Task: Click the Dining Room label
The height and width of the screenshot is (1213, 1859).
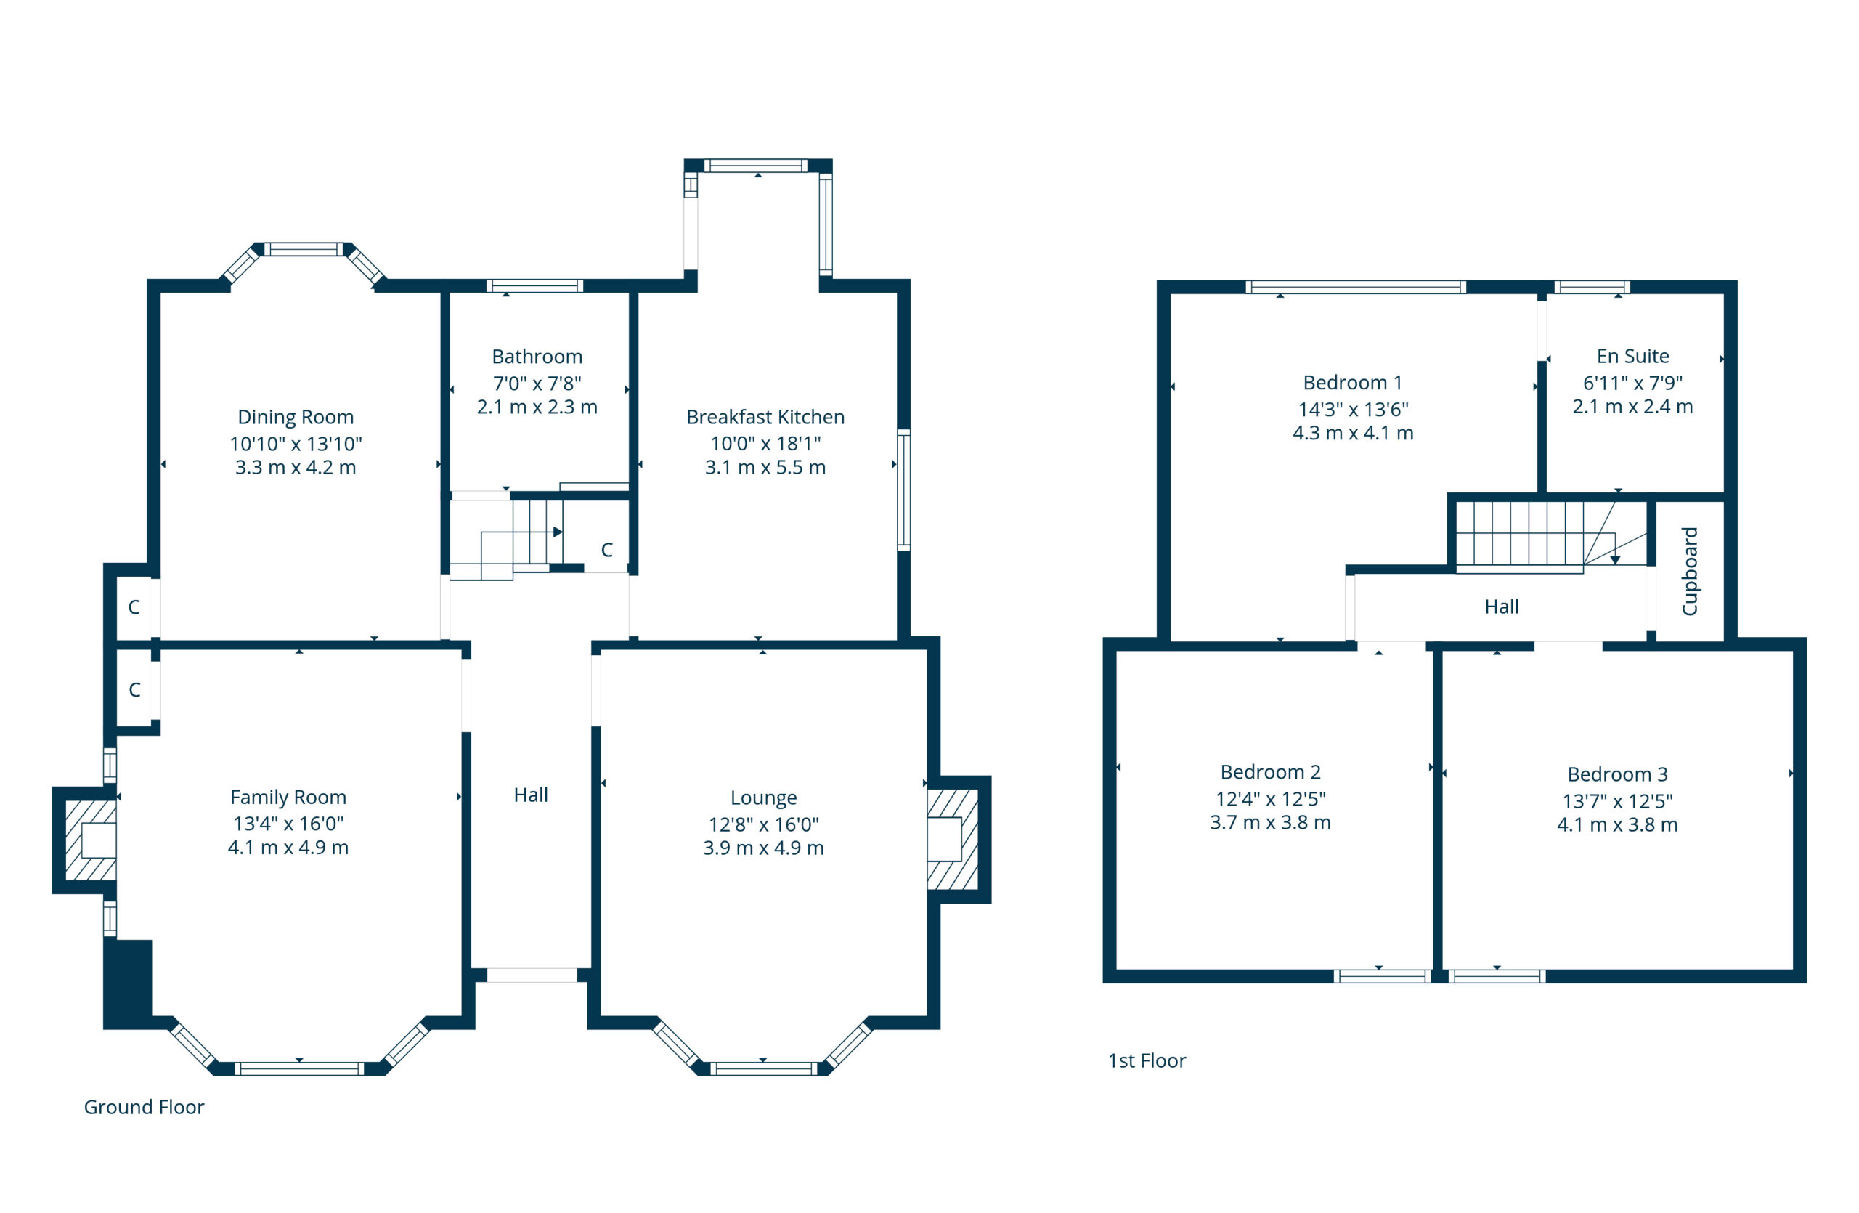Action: coord(296,417)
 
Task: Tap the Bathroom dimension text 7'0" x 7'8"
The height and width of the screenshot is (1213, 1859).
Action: coord(537,384)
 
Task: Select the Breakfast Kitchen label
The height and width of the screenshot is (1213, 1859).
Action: coord(765,417)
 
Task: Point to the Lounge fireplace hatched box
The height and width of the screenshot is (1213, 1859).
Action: coord(952,839)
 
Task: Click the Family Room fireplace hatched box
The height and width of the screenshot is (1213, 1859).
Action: coord(91,840)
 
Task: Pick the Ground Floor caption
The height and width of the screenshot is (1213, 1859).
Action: coord(144,1107)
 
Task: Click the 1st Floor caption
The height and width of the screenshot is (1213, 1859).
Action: coord(1147,1060)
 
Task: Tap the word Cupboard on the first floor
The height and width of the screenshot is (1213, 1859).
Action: coord(1690,571)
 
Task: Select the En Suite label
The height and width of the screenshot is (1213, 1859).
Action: coord(1632,356)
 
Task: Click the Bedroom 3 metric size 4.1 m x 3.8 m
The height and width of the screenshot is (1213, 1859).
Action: coord(1617,825)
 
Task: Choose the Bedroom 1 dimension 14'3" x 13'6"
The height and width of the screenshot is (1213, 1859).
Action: coord(1353,409)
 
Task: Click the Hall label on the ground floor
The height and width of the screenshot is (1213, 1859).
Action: coord(530,795)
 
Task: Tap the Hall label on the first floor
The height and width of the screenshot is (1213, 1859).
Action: coord(1501,607)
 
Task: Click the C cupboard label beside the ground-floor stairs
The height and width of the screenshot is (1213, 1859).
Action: coord(607,550)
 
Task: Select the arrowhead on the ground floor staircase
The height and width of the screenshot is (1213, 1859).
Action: coord(558,532)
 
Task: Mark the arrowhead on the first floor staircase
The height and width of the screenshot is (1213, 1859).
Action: coord(1614,560)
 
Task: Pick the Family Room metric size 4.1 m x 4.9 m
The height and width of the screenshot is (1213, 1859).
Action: coord(288,848)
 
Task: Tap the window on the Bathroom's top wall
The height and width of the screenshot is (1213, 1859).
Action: coord(535,286)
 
